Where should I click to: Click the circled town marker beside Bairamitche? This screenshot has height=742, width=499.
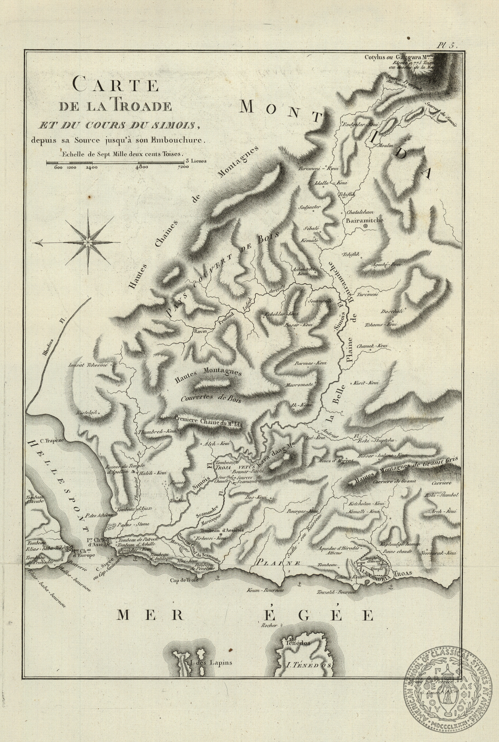click(366, 226)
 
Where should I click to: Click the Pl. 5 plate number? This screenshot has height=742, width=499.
click(447, 46)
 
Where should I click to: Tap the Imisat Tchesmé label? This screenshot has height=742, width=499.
click(89, 366)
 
